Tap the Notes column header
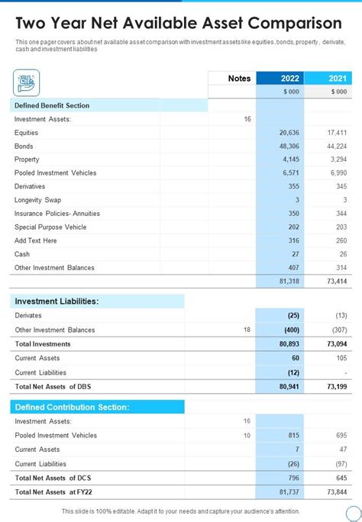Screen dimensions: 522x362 [x=239, y=78]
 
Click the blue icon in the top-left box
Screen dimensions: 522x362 [x=27, y=82]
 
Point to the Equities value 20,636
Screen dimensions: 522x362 [x=288, y=133]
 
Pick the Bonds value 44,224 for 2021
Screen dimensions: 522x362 [x=336, y=146]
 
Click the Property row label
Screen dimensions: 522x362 [x=27, y=159]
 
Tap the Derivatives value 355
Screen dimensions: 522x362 [x=293, y=186]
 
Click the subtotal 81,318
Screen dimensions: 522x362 [x=288, y=282]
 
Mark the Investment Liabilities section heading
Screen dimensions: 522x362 [x=57, y=301]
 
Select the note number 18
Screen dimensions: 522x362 [x=246, y=330]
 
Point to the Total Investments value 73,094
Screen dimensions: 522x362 [x=336, y=344]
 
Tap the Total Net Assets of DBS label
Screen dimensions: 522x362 [x=53, y=386]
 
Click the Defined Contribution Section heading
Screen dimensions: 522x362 [x=72, y=407]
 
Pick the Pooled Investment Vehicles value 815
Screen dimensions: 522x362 [x=293, y=435]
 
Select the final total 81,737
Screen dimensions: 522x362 [x=288, y=491]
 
